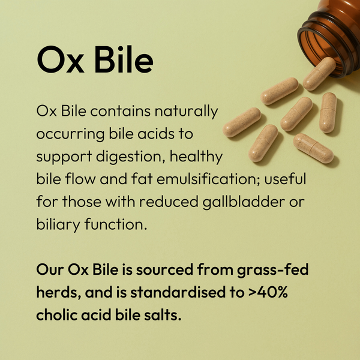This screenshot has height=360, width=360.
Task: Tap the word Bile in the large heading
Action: pyautogui.click(x=120, y=60)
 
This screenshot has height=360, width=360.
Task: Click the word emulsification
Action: pyautogui.click(x=202, y=180)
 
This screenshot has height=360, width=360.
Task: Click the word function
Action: pyautogui.click(x=114, y=225)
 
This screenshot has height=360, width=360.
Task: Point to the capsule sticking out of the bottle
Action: pyautogui.click(x=319, y=73)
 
